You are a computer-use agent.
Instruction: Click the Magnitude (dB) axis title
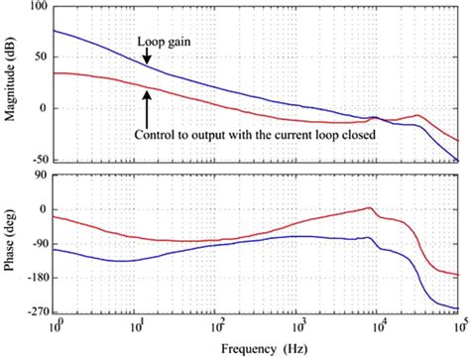click(12, 83)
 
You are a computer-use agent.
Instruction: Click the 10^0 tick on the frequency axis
click(59, 325)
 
